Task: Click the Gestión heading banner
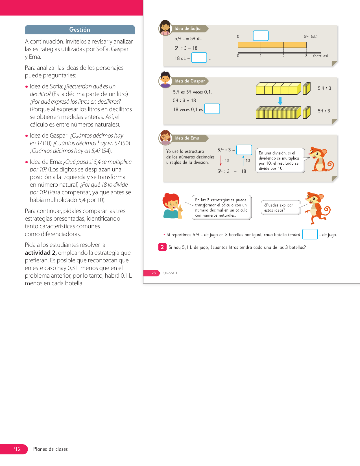(80, 30)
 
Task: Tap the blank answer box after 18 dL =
(199, 57)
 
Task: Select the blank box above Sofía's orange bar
(261, 36)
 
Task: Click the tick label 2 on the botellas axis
(283, 56)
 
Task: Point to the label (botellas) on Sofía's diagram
(320, 56)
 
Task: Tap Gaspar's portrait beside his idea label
(165, 80)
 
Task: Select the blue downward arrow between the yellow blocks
(280, 101)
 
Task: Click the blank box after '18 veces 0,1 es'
(212, 109)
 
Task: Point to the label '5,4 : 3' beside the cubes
(324, 88)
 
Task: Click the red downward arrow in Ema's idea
(221, 160)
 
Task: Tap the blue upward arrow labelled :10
(243, 160)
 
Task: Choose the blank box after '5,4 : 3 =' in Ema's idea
(244, 150)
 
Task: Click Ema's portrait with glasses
(165, 138)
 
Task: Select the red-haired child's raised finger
(180, 207)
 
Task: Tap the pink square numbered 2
(162, 247)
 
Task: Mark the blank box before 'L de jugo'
(310, 234)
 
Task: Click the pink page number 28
(154, 273)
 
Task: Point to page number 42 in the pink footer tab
(18, 449)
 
